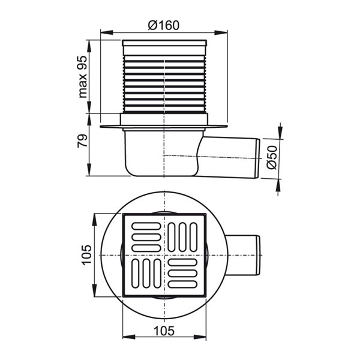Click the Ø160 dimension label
[163, 25]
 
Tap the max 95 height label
[83, 77]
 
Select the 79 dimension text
[83, 141]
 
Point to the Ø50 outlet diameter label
[273, 158]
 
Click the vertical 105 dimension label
[87, 256]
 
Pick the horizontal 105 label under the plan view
[164, 331]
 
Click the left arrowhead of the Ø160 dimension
[107, 32]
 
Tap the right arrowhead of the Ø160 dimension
[221, 32]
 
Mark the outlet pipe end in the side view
[258, 158]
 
